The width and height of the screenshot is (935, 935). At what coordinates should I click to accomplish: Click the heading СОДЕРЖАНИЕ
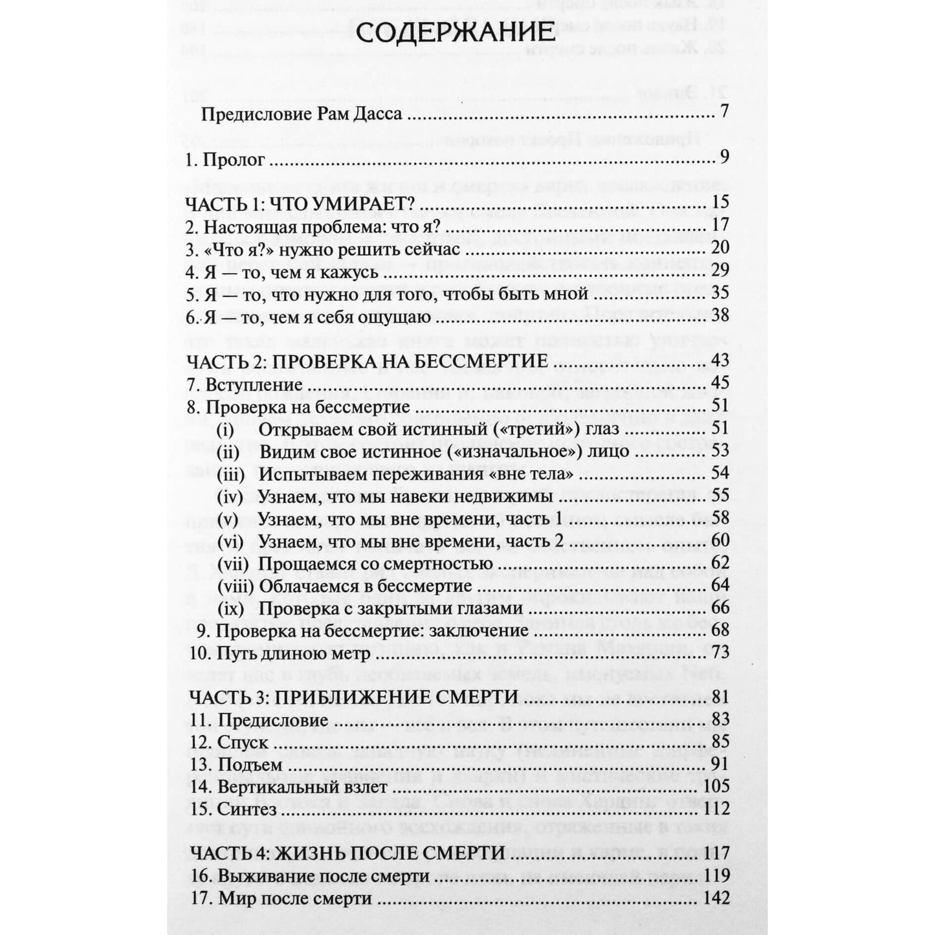[x=456, y=33]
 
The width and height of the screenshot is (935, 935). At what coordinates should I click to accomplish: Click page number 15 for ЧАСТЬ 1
[x=720, y=203]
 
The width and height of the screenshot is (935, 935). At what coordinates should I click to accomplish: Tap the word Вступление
[x=254, y=385]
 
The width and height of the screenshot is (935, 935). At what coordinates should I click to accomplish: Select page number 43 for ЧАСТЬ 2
[x=720, y=360]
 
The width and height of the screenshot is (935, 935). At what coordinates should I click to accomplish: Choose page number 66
[x=720, y=608]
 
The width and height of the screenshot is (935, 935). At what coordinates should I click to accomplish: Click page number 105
[x=716, y=786]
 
